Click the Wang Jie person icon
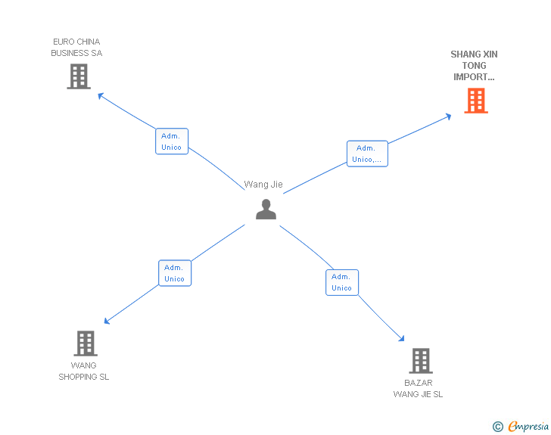tap(266, 210)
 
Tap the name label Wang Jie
tap(263, 185)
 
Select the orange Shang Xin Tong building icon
tap(475, 101)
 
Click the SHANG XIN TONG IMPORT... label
tap(474, 66)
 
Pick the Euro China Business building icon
tap(78, 76)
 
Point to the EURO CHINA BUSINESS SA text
tap(76, 48)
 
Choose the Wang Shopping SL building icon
tap(85, 343)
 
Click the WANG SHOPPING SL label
tap(84, 371)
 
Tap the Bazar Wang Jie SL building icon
tap(420, 361)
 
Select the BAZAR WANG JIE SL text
tap(418, 388)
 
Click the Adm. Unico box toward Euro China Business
tap(172, 141)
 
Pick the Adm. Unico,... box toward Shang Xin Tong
tap(367, 154)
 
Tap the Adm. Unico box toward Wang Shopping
tap(175, 273)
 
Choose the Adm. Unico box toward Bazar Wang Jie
tap(341, 282)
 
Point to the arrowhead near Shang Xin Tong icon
tap(448, 116)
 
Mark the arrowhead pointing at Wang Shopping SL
tap(107, 322)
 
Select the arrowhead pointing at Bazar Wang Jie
tap(402, 340)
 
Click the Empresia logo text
tap(528, 426)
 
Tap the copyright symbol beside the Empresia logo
tap(498, 427)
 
